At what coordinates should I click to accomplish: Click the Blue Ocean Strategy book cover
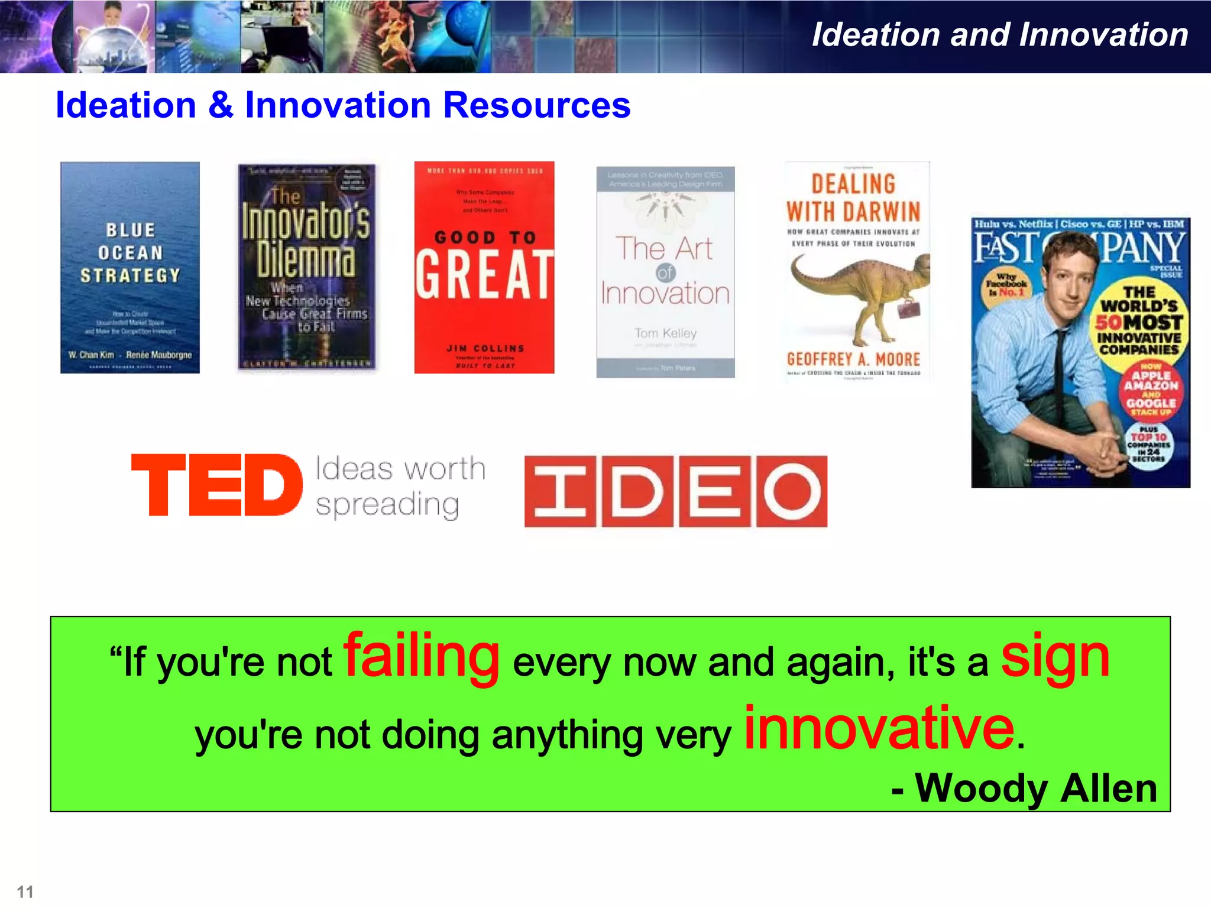[x=130, y=267]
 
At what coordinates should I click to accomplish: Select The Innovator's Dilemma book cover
[x=306, y=267]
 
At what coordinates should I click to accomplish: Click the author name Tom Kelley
[x=666, y=333]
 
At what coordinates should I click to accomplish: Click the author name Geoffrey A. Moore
[x=853, y=359]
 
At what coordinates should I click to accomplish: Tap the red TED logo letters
[x=216, y=485]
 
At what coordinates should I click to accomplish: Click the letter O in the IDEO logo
[x=792, y=491]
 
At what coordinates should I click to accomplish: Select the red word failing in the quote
[x=422, y=656]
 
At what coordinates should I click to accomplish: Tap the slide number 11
[x=25, y=891]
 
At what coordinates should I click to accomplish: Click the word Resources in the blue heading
[x=537, y=105]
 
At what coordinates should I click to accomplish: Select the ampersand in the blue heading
[x=221, y=105]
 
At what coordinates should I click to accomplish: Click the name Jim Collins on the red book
[x=485, y=349]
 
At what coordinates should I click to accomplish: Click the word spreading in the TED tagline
[x=387, y=504]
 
